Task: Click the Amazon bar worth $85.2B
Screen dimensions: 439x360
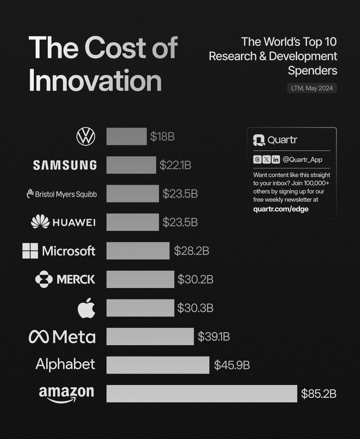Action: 201,394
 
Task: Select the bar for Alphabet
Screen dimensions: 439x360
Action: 158,365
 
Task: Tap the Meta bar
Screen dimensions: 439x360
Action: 150,337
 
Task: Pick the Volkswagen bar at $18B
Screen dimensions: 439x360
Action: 126,137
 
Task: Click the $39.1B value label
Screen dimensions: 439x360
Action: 214,337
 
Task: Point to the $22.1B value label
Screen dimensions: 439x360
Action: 175,165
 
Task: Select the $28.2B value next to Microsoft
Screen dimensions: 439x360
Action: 192,251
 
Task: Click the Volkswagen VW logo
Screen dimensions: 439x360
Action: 86,137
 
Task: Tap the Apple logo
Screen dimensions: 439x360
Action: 86,308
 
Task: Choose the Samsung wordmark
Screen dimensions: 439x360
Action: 65,165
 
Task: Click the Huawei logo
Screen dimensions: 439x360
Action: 63,222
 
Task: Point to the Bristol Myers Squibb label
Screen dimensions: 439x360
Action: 61,194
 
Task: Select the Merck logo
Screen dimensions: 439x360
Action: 65,279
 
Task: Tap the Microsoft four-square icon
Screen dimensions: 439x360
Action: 30,251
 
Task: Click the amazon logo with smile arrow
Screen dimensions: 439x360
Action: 66,394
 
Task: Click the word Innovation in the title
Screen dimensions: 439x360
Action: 95,80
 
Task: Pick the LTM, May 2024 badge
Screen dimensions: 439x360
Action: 312,88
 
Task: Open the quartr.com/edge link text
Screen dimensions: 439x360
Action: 281,209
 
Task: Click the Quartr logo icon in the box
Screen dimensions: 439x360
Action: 259,140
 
